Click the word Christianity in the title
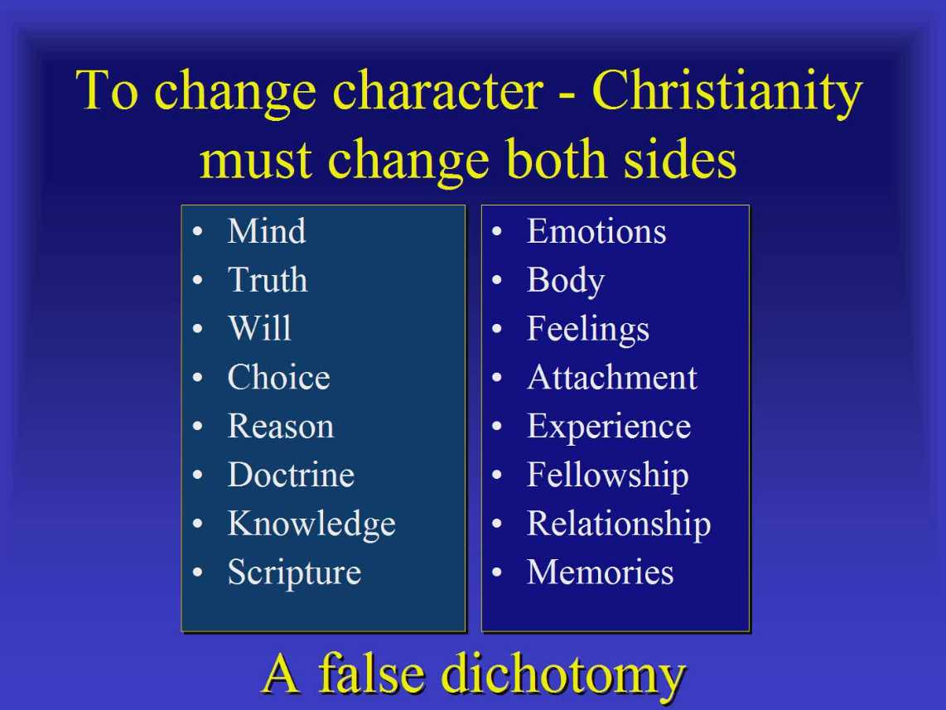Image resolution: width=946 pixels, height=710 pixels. point(727,92)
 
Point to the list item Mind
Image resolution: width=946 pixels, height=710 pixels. point(267,231)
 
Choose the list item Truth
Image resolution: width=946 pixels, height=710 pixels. point(268,280)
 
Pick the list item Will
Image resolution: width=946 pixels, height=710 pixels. point(260,328)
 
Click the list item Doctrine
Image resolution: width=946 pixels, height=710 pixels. point(291,475)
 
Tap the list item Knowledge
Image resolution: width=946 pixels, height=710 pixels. point(312,524)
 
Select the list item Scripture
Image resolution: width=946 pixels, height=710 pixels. point(294,573)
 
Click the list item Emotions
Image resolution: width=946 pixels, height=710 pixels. point(596,231)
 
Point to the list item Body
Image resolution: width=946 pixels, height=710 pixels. point(566,281)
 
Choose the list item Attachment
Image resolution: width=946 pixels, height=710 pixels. point(612,378)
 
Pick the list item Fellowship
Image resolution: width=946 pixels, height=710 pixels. point(608,476)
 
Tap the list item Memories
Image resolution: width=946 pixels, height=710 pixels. point(601,572)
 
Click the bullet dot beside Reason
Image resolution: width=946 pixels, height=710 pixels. point(197,427)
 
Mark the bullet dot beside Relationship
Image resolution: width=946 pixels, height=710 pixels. point(496,524)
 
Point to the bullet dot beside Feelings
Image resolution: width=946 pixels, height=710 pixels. point(496,329)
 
